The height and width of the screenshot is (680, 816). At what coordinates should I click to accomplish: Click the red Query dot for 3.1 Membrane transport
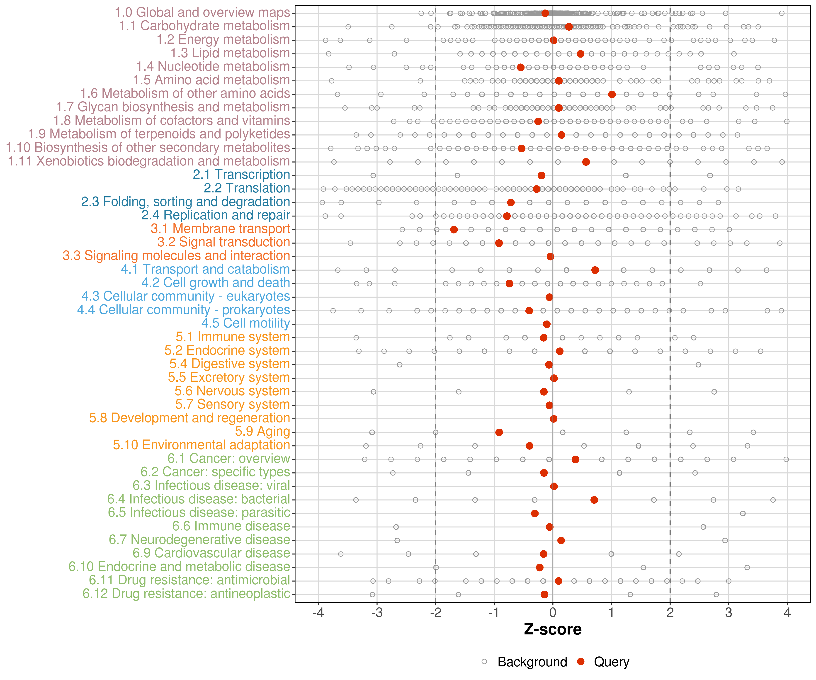(454, 230)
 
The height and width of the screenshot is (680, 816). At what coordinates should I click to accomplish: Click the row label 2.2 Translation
(247, 188)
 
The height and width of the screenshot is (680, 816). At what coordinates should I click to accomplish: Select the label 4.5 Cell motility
(245, 323)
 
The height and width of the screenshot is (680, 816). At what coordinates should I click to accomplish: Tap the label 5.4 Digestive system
(230, 364)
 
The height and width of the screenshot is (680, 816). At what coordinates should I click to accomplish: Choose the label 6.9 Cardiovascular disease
(211, 553)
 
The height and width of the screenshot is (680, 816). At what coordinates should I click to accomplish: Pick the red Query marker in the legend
(581, 662)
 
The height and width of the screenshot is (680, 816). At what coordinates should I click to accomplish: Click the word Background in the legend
(532, 662)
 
